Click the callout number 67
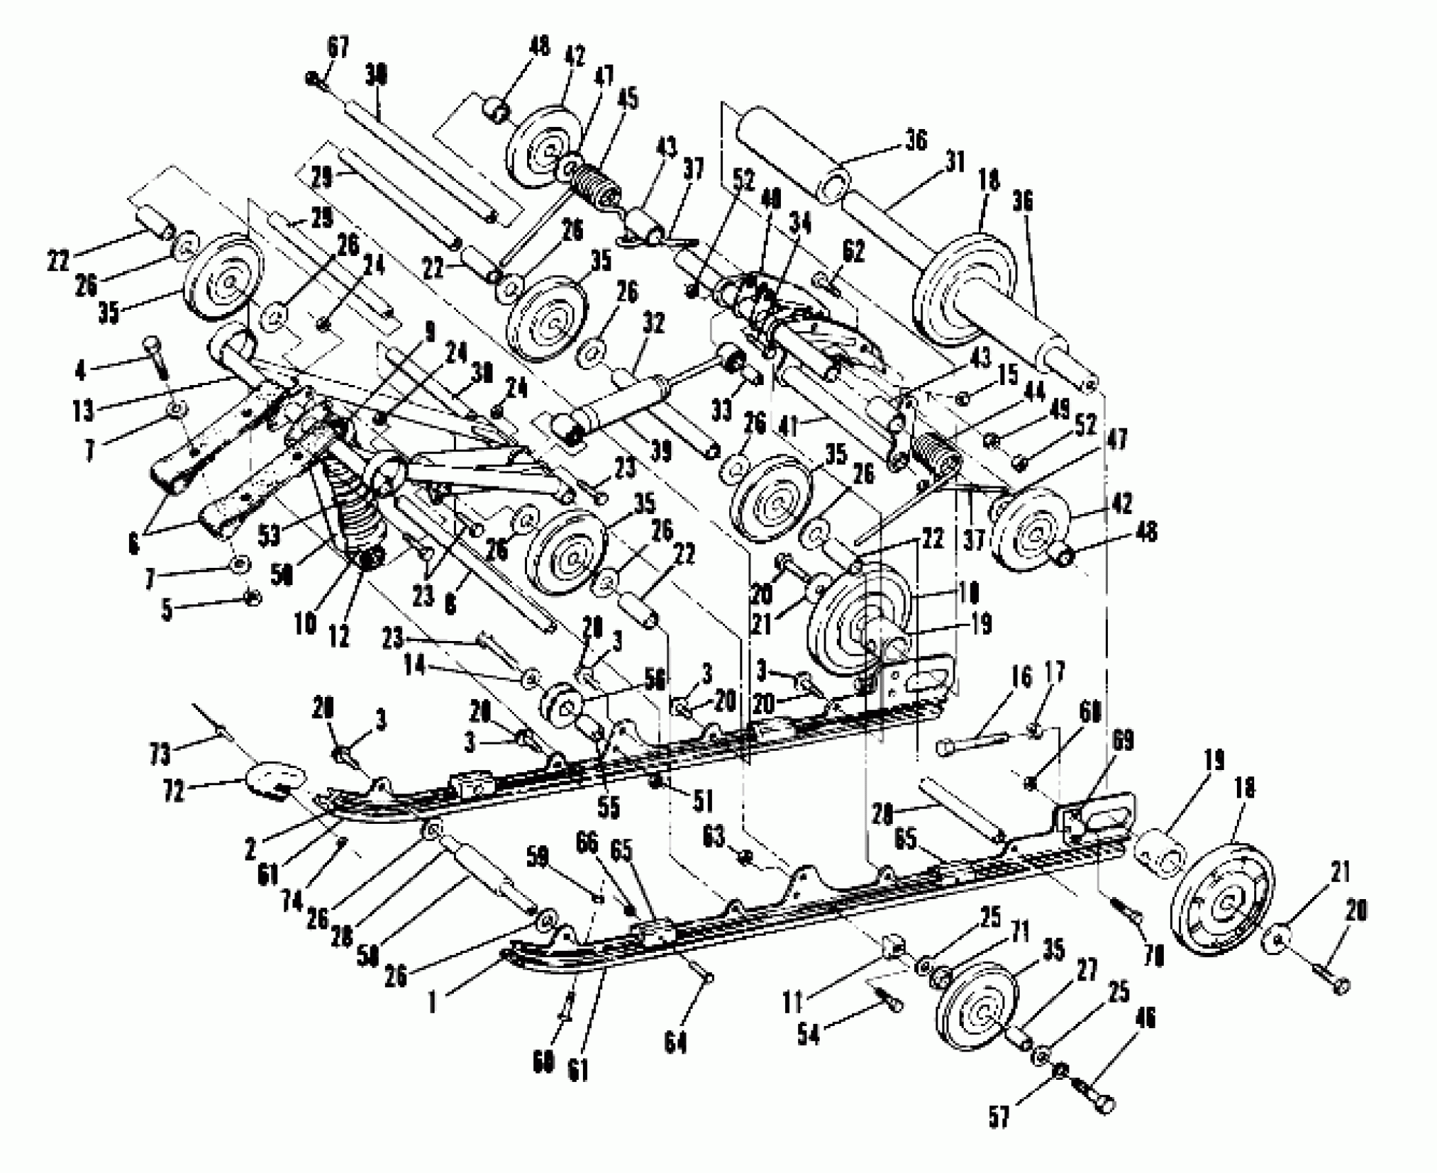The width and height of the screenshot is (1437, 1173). tap(337, 48)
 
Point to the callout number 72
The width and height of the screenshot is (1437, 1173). tap(173, 791)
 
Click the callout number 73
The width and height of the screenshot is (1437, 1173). tap(160, 753)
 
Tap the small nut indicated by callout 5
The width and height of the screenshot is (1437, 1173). tap(253, 596)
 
